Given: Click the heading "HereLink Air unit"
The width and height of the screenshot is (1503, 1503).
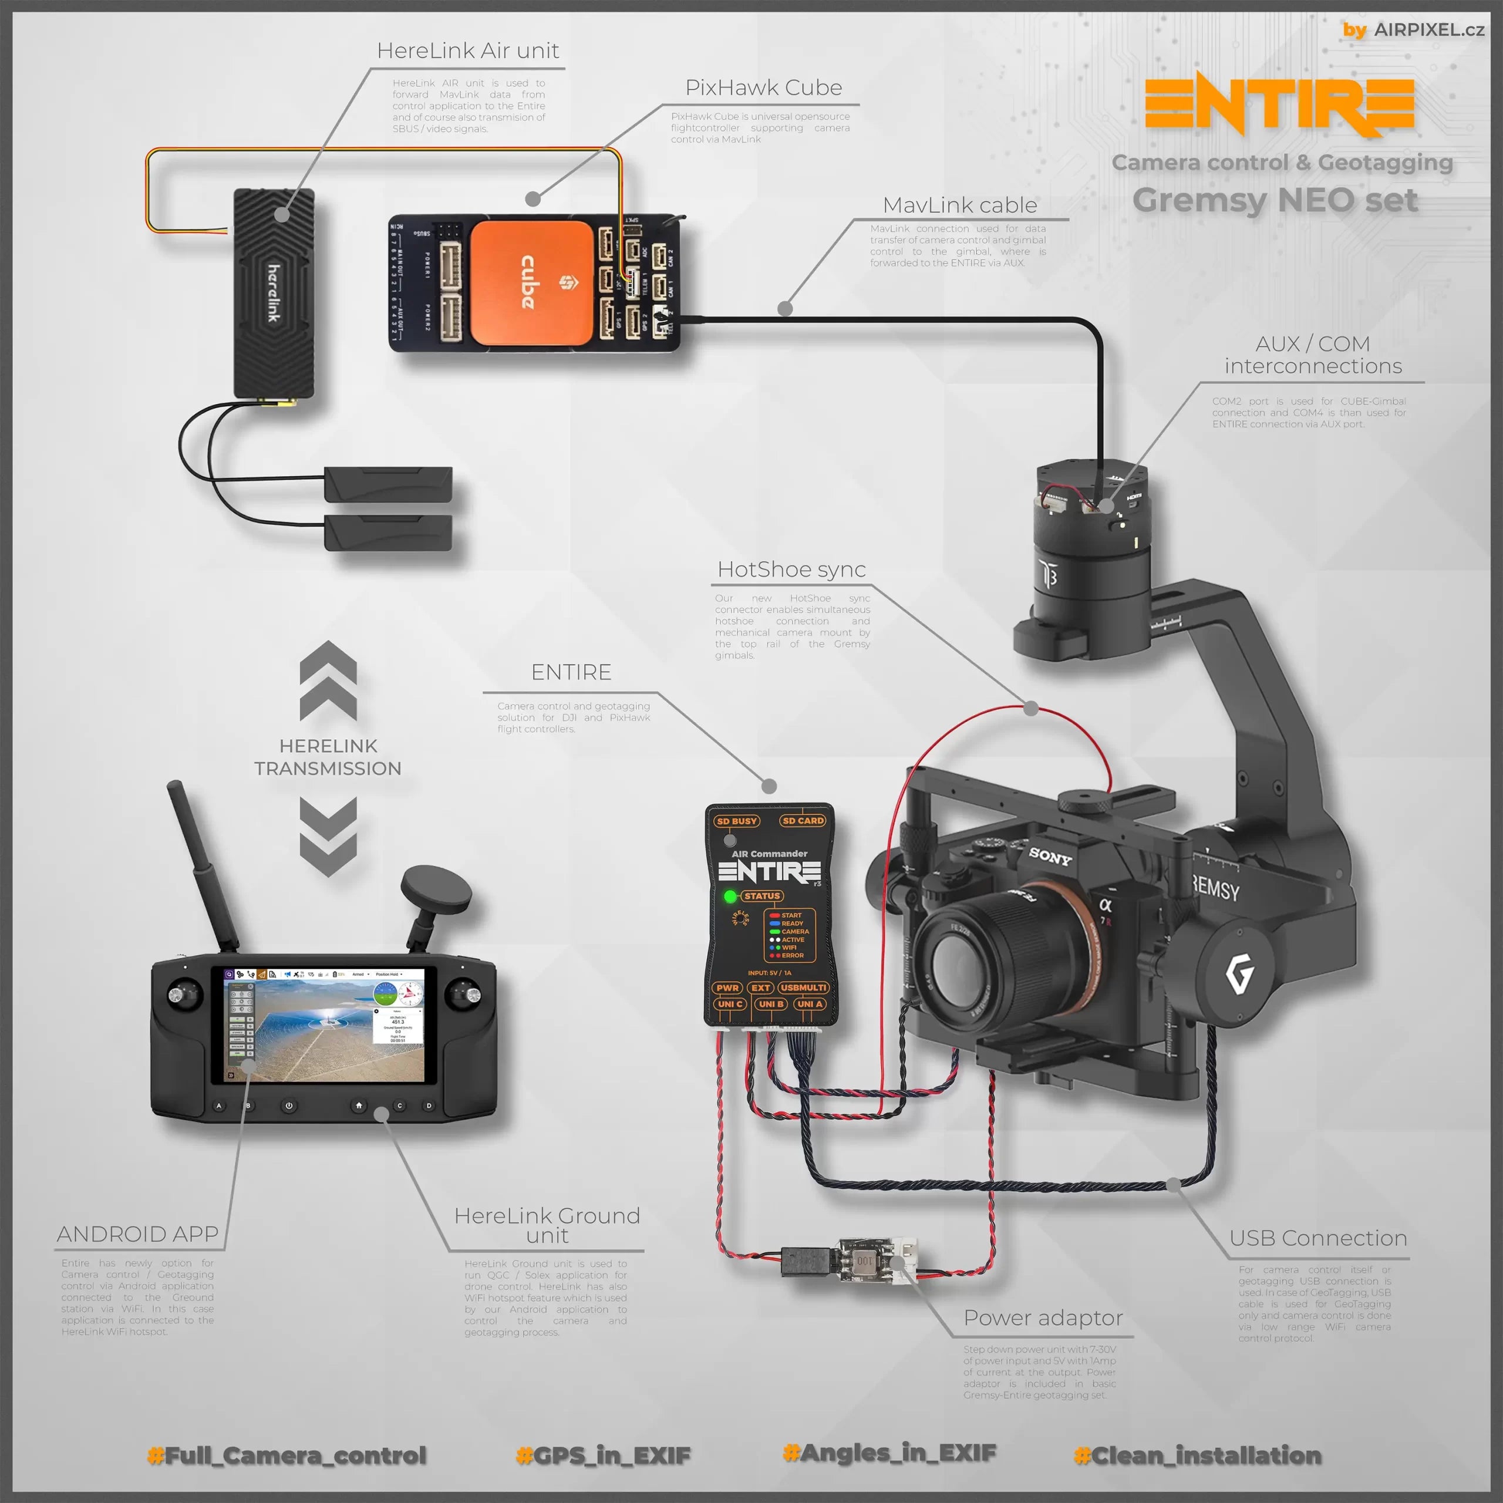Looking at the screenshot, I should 467,50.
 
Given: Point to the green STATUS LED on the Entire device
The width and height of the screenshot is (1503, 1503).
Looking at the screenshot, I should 730,896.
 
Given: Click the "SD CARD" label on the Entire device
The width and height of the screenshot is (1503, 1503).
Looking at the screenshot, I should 803,821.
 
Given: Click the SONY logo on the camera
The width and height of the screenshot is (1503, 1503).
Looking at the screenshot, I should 1049,857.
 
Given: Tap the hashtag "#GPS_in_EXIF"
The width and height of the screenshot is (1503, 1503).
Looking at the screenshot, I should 603,1455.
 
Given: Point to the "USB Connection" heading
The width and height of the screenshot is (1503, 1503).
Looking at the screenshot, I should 1318,1238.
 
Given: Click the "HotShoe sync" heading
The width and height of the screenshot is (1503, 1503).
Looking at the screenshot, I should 791,569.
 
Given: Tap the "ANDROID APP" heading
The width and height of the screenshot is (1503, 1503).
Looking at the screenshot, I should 138,1234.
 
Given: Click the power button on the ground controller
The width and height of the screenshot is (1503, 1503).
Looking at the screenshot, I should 289,1106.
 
